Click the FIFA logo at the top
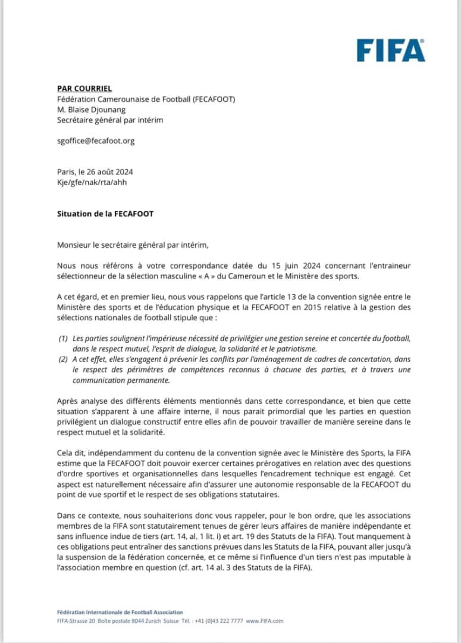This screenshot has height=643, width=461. point(391,51)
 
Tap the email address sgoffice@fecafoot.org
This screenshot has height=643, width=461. point(96,141)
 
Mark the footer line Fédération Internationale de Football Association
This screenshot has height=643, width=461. point(120,612)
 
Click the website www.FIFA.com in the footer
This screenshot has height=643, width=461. point(264,620)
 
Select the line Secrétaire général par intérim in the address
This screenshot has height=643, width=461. point(109,120)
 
